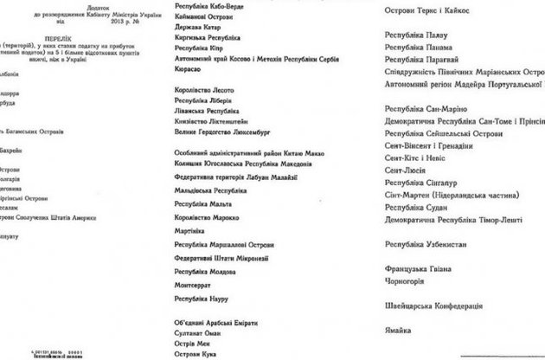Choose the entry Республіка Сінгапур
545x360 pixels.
425,184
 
